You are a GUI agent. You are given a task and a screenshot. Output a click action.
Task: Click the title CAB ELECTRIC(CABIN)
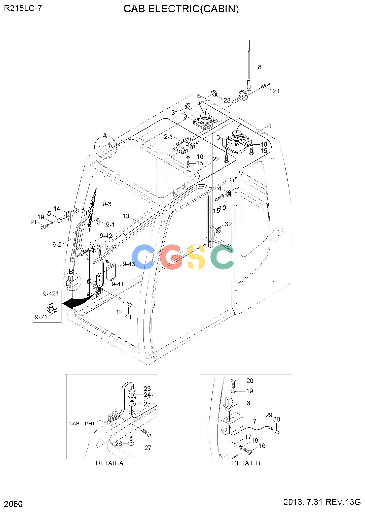click(181, 9)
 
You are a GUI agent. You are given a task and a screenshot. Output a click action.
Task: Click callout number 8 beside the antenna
click(260, 67)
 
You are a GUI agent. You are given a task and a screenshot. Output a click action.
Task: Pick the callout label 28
click(227, 100)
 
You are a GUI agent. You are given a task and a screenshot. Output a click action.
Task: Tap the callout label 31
click(175, 113)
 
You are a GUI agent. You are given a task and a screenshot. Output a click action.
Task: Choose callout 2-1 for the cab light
click(168, 137)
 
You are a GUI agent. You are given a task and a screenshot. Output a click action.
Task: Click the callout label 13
click(126, 216)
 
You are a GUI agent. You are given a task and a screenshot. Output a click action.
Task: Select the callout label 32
click(228, 224)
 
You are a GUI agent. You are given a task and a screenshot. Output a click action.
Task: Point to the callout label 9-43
click(129, 264)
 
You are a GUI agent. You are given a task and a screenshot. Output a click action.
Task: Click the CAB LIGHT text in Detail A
click(82, 424)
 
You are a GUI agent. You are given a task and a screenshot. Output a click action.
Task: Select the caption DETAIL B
click(246, 463)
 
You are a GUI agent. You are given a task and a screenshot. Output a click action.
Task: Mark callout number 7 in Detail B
click(254, 421)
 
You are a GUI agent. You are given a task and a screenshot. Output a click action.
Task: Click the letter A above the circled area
click(105, 136)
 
